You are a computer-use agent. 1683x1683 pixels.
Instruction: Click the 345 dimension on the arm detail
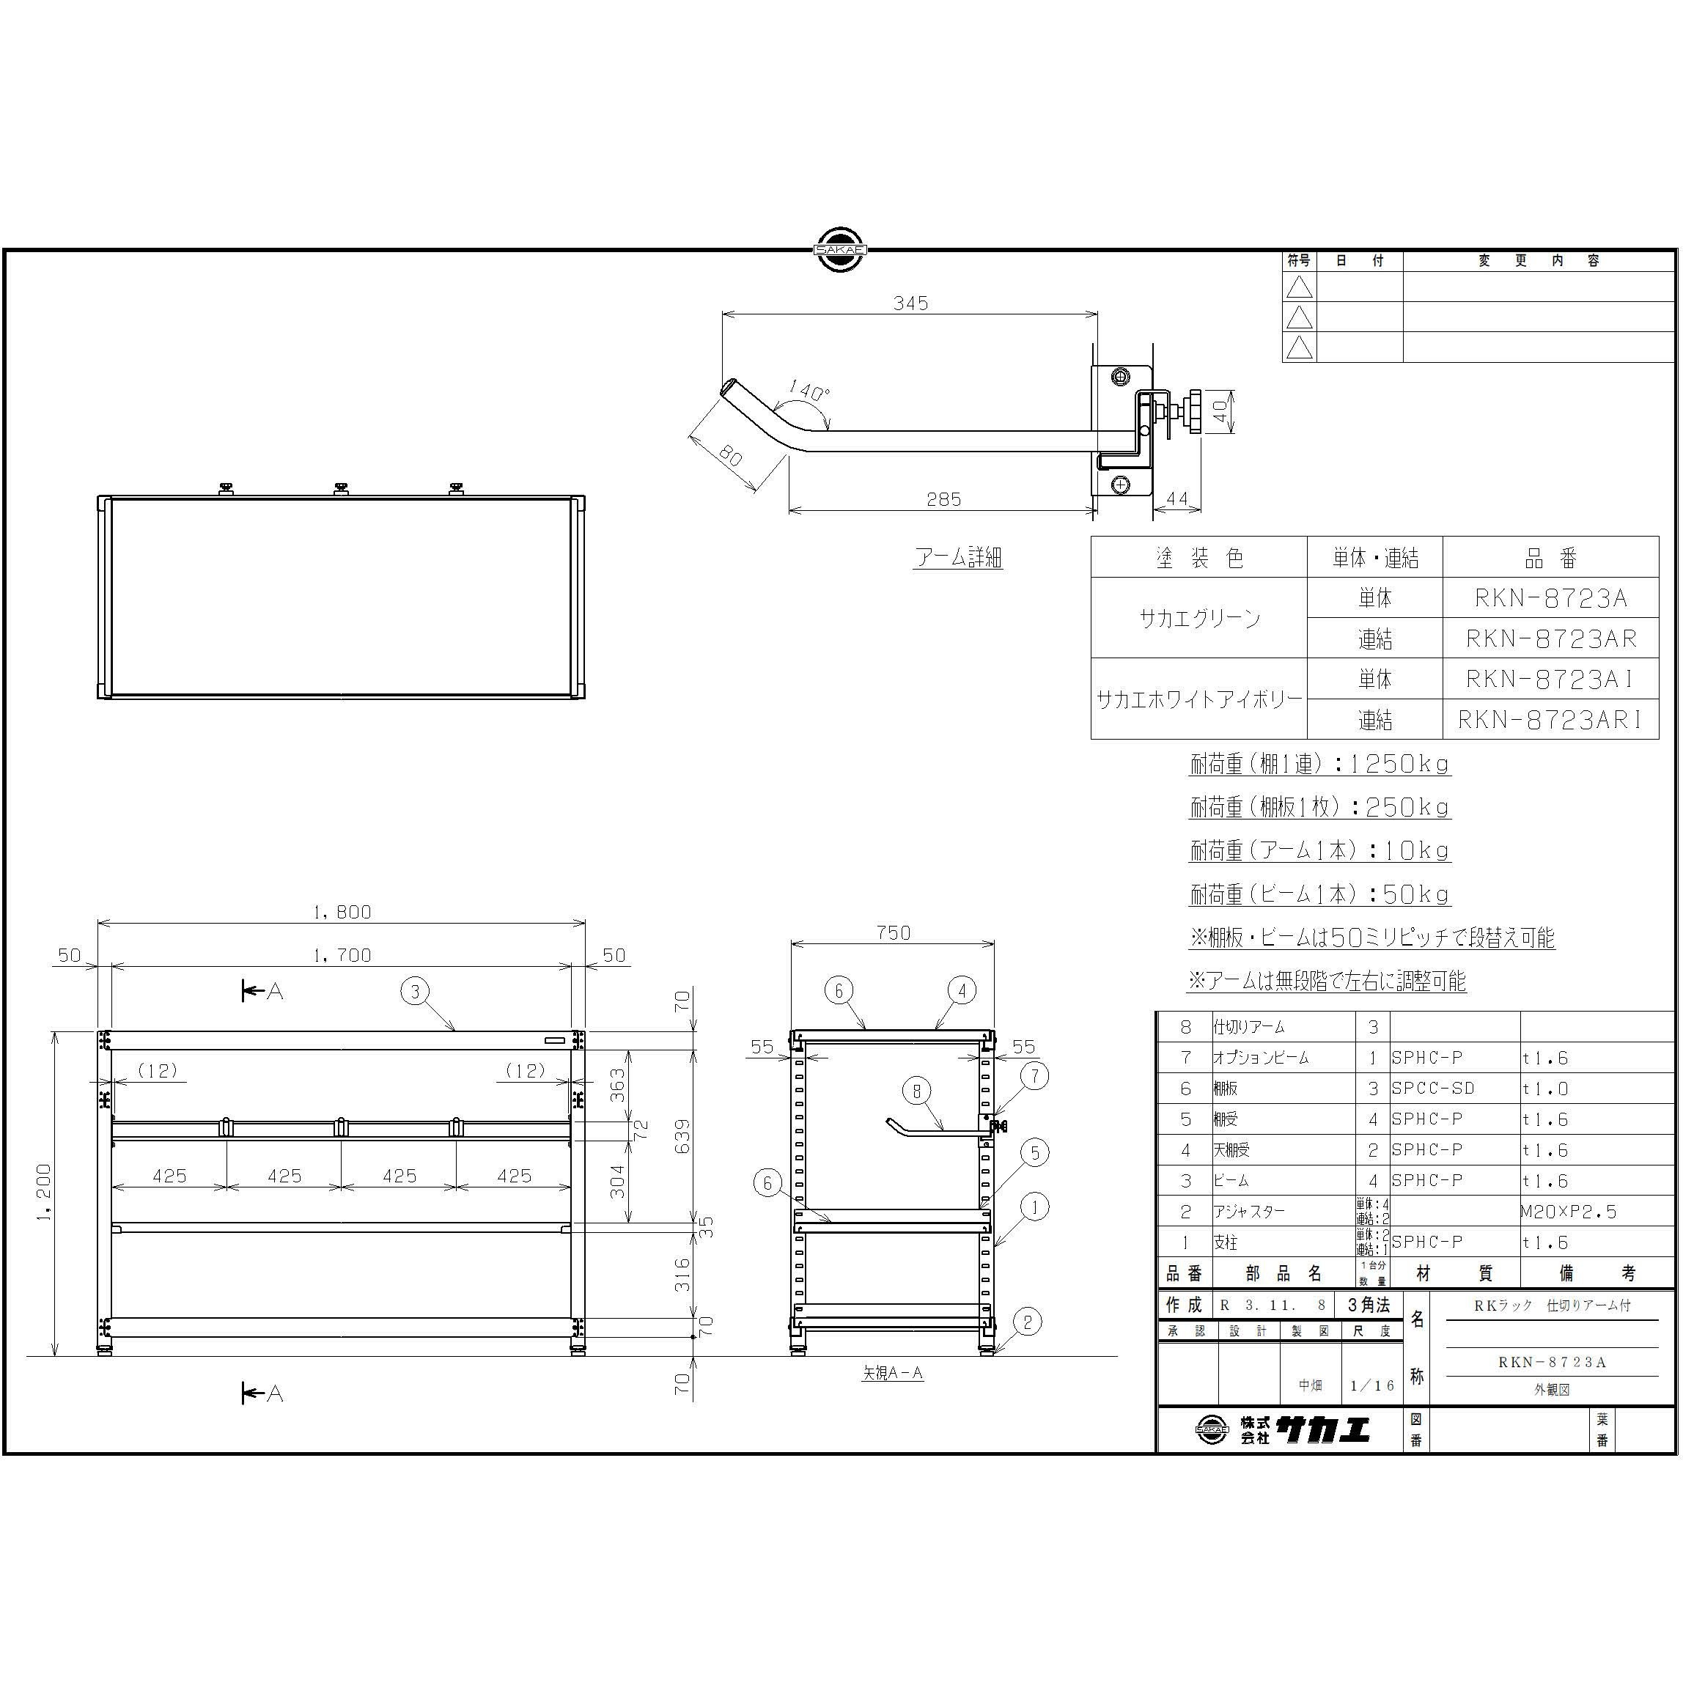[x=910, y=303]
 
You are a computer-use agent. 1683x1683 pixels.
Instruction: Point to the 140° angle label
[x=809, y=391]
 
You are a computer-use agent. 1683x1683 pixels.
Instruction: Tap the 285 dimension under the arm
[x=943, y=499]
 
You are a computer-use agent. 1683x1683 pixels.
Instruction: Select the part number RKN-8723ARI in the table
[x=1550, y=720]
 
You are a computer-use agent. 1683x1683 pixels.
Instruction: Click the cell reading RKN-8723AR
[x=1550, y=638]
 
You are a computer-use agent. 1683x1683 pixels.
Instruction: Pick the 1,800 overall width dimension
[x=342, y=911]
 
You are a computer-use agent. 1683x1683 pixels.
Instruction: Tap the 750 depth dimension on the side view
[x=893, y=932]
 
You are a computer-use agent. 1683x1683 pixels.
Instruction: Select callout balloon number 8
[x=916, y=1090]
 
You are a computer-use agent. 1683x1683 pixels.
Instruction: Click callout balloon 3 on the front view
[x=416, y=991]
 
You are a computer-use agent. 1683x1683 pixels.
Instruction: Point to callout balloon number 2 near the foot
[x=1027, y=1322]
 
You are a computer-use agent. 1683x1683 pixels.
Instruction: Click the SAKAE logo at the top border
[x=840, y=250]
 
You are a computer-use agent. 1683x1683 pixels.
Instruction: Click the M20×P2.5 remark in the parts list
[x=1569, y=1212]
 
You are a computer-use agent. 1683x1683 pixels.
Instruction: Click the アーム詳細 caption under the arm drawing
[x=958, y=558]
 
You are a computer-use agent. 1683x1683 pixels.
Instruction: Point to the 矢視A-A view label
[x=892, y=1373]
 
